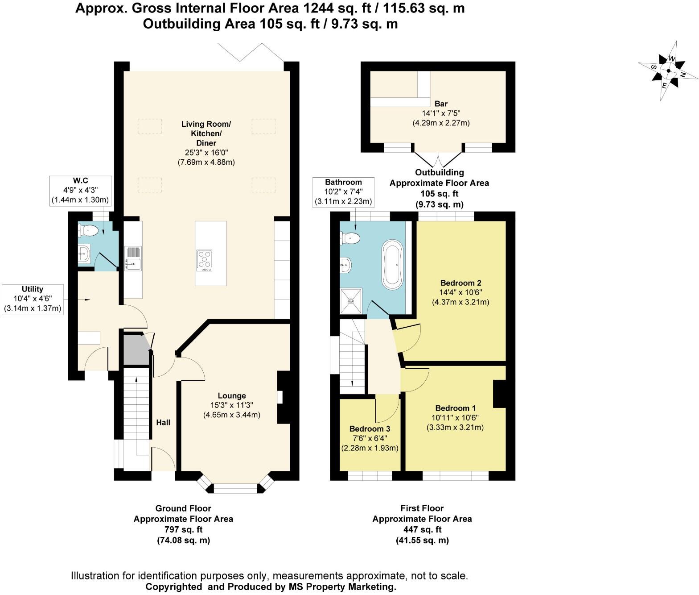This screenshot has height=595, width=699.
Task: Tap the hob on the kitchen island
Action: (204, 260)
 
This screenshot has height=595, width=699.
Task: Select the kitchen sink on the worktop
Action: (133, 258)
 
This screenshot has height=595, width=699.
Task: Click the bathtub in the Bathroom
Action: (392, 263)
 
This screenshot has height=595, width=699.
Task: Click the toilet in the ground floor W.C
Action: (88, 231)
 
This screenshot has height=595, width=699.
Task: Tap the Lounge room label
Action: (232, 396)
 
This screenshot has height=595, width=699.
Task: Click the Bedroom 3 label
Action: (370, 429)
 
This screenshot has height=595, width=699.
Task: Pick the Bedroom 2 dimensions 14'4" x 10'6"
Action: (461, 292)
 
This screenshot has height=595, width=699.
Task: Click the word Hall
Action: (163, 422)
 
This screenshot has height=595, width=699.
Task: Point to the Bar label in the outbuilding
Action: (441, 104)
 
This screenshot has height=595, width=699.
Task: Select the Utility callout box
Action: (33, 299)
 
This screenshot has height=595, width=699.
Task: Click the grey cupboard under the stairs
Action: (135, 350)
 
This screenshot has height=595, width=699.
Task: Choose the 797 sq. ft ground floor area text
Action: (183, 529)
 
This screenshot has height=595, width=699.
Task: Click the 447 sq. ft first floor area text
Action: (422, 529)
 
